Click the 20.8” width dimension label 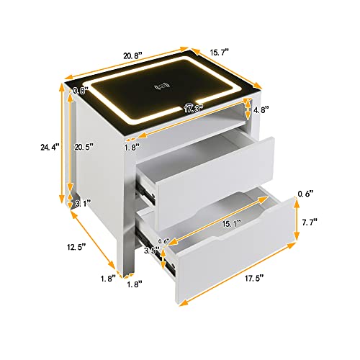coord(132,55)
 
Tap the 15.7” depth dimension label coord(220,52)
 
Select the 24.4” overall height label coord(50,147)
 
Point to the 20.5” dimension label coord(84,147)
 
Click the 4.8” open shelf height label coord(261,109)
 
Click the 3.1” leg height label coord(83,204)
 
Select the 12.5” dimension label coord(76,247)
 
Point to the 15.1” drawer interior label coord(231,224)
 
